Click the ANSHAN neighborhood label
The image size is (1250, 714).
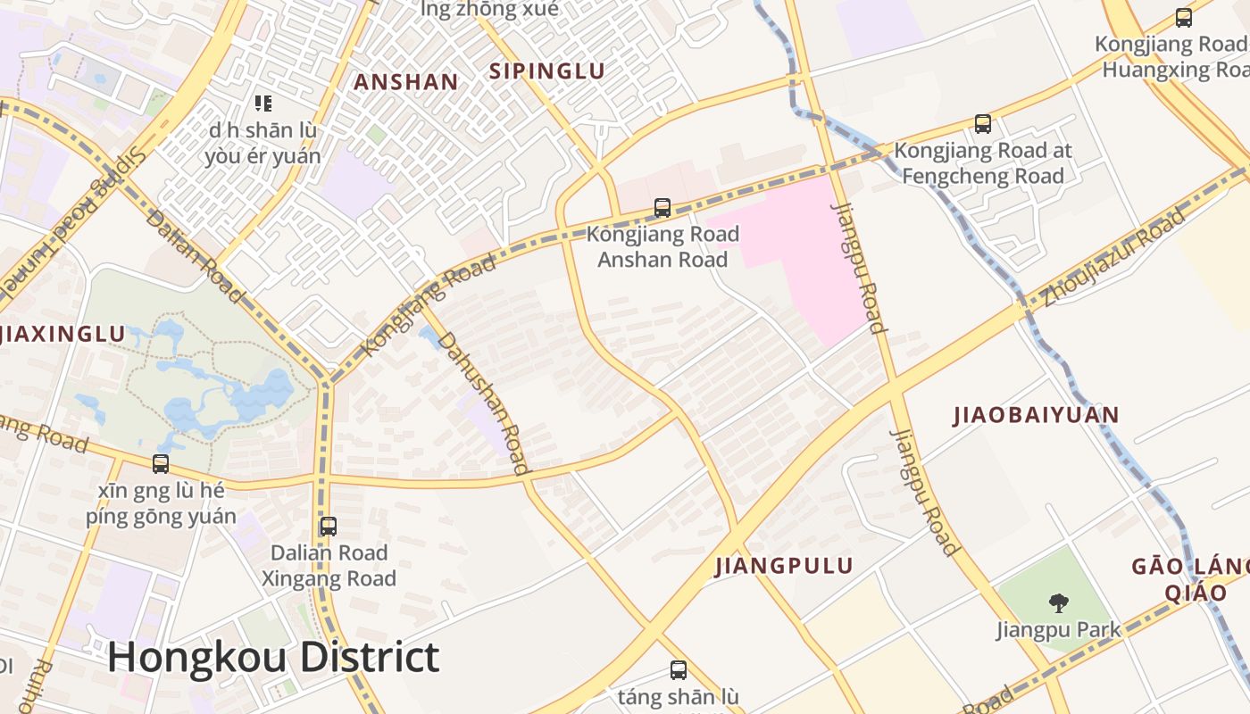tap(406, 82)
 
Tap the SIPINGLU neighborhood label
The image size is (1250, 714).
tap(546, 71)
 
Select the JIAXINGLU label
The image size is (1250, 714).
tap(62, 334)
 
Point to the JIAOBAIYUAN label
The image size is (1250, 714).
tap(1036, 415)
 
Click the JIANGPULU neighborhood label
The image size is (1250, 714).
tap(784, 566)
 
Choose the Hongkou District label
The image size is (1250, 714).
tap(273, 657)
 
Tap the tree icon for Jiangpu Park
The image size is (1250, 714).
tap(1058, 603)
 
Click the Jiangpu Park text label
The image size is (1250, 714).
tap(1058, 629)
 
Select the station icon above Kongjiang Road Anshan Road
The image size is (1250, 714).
tap(662, 208)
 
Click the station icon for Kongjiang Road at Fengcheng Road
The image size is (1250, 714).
tap(983, 124)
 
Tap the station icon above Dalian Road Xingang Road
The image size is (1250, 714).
tap(329, 527)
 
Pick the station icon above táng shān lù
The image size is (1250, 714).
tap(679, 670)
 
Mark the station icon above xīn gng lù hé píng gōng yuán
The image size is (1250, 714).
tap(161, 464)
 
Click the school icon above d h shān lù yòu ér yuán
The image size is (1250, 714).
tap(262, 104)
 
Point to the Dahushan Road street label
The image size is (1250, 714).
tap(482, 402)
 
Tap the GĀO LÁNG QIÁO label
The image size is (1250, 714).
tap(1192, 579)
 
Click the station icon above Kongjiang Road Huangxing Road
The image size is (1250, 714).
tap(1184, 17)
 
